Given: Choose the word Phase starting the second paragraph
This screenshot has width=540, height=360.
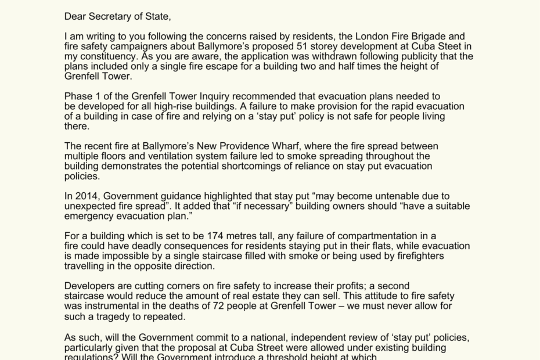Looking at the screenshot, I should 78,96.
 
